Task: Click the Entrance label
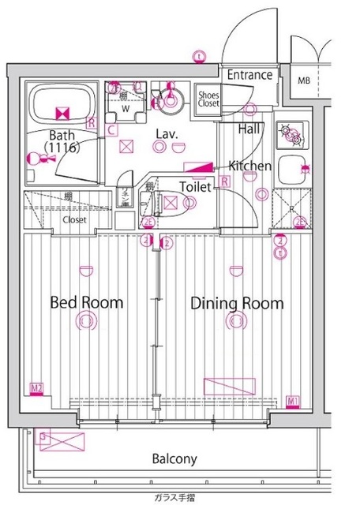click(x=249, y=75)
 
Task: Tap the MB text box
click(x=304, y=80)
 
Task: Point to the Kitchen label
click(x=250, y=166)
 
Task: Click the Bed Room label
click(x=87, y=302)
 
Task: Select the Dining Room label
click(x=237, y=302)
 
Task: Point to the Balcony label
click(x=174, y=458)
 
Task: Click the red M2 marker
click(x=36, y=388)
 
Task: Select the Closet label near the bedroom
click(x=75, y=219)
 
